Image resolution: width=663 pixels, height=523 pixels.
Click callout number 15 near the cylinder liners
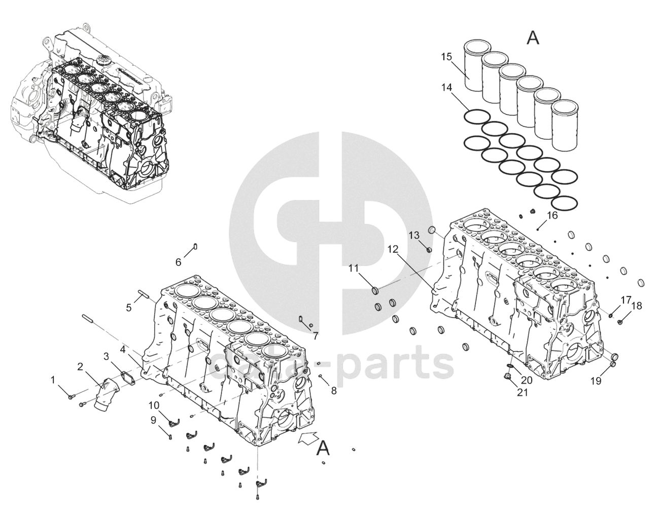446,57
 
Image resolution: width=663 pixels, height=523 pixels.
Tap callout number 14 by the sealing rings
446,88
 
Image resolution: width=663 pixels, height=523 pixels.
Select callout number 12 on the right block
393,249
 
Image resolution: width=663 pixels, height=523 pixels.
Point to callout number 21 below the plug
522,392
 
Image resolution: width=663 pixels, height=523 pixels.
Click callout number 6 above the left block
178,262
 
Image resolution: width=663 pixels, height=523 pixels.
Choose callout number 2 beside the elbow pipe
81,366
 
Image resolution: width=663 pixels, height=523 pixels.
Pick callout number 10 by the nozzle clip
154,405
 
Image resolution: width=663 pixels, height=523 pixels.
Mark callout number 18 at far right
637,306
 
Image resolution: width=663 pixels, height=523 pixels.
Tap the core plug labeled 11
376,290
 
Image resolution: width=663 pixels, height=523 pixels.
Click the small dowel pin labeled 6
195,247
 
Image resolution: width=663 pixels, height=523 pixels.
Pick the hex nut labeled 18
621,321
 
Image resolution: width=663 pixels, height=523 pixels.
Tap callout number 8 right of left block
333,391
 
